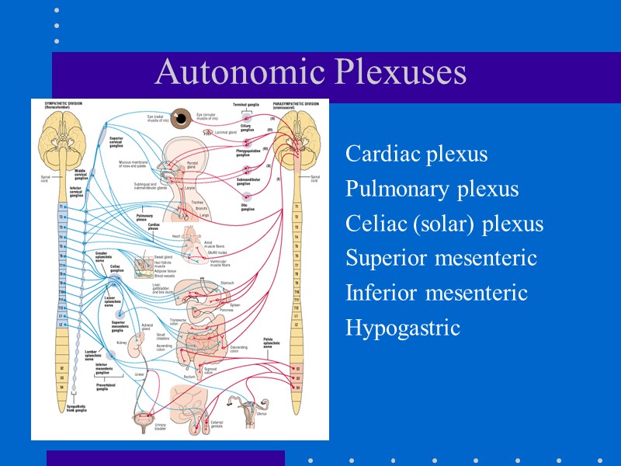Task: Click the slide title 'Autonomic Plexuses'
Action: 310,72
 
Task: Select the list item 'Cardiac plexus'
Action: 416,154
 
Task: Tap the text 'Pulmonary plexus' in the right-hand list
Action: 432,189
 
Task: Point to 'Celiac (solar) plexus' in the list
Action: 444,224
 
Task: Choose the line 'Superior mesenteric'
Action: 441,258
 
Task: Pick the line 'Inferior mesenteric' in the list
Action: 436,293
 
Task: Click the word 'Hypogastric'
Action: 402,328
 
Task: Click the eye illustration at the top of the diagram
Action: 182,117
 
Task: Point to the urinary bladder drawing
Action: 141,420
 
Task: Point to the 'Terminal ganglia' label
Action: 247,103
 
